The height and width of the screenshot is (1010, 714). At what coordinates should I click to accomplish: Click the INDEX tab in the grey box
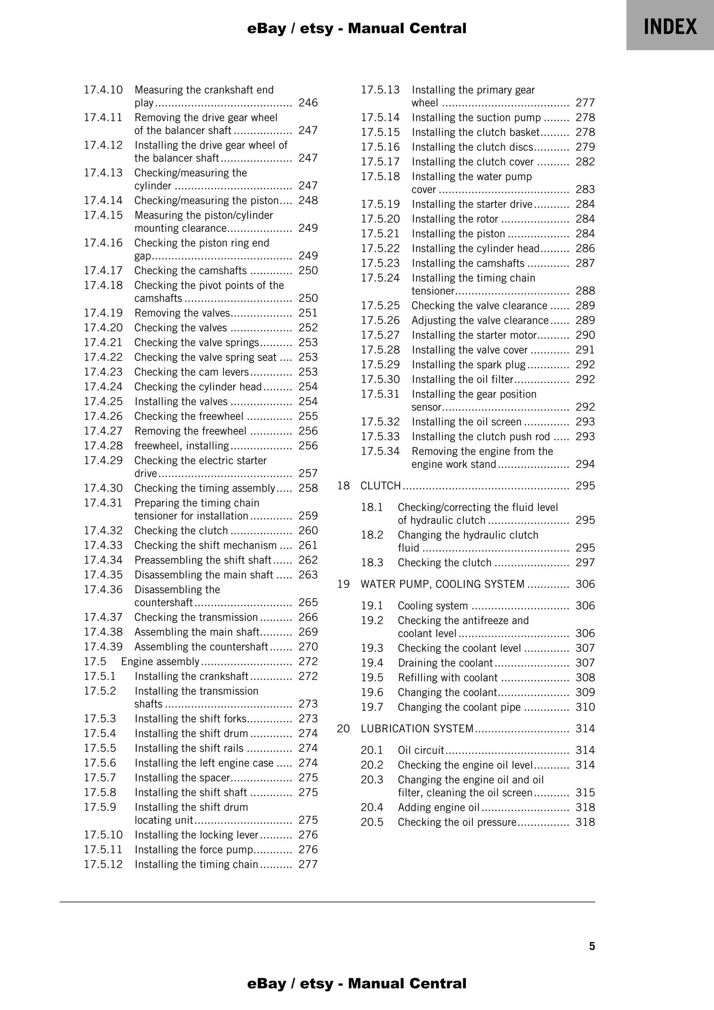pos(670,26)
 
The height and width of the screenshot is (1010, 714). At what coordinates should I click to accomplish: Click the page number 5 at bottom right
pos(591,946)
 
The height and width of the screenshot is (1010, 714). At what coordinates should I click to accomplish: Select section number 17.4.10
pos(103,90)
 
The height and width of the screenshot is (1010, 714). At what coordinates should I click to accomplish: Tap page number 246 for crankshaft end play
pos(308,103)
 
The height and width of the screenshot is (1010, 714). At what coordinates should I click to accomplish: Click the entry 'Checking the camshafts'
pos(190,271)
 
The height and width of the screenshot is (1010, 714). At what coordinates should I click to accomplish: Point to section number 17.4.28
pos(103,445)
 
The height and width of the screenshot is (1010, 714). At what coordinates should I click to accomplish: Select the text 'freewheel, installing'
pos(181,445)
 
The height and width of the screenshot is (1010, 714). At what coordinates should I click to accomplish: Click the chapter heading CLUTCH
pos(380,485)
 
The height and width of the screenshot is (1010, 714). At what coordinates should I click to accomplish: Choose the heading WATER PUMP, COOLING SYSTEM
pos(442,584)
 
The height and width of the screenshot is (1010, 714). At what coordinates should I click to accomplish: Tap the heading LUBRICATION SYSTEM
pos(417,728)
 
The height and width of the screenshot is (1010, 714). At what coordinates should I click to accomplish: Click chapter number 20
pos(343,728)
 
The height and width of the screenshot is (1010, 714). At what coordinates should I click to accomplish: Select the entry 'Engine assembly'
pos(160,661)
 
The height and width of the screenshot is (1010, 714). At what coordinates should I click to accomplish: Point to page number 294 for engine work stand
pos(585,464)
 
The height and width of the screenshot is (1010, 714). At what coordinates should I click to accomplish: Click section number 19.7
pos(372,707)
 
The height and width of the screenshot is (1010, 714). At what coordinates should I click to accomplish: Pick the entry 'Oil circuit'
pos(421,750)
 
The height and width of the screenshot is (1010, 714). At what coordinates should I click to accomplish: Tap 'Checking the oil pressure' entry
pos(457,822)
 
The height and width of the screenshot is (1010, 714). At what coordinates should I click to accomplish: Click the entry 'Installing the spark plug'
pos(468,364)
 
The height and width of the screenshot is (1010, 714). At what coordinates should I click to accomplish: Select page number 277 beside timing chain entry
pos(308,864)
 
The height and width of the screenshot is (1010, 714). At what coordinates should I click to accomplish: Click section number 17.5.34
pos(380,451)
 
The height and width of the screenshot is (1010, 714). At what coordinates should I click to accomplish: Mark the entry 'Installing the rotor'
pos(455,219)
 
